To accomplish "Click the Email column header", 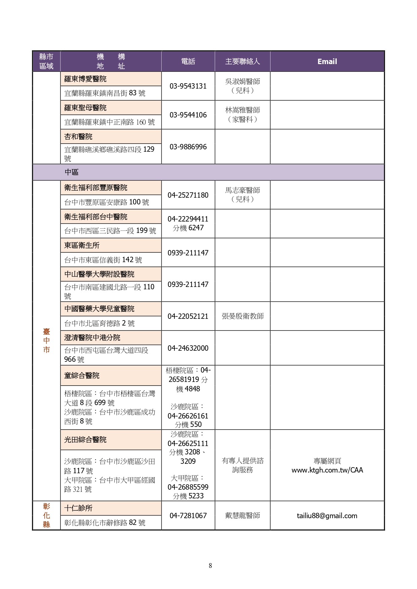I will [x=327, y=61].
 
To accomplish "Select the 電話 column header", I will [x=188, y=61].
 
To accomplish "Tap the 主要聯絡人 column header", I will [x=242, y=61].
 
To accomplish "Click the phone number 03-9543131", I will [x=188, y=86].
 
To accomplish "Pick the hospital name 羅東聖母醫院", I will [x=85, y=108].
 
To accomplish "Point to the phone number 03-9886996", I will [x=188, y=147].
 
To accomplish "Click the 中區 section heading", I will [x=72, y=172].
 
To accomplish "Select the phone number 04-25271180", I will [x=188, y=195].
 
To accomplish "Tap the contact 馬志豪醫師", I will [x=242, y=190].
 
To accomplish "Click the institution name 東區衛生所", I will [x=82, y=245].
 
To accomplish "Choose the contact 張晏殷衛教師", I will [x=242, y=316].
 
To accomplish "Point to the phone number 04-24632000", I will [x=188, y=348].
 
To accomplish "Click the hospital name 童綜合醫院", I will [x=82, y=376].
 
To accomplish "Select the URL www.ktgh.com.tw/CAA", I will [x=327, y=470].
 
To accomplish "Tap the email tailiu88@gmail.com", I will [x=327, y=516].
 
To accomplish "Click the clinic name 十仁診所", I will [x=78, y=508].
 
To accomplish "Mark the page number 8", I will [x=210, y=566].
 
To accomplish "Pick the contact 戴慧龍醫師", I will [x=242, y=516].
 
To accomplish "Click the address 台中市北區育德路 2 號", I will [x=99, y=323].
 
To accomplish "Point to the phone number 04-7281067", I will [x=188, y=516].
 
